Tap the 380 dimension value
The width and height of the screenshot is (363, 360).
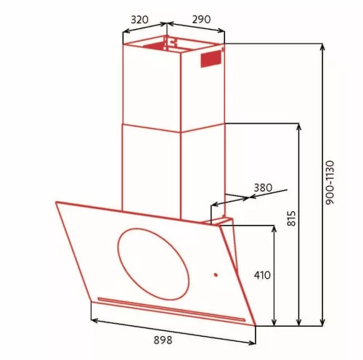coord(262,187)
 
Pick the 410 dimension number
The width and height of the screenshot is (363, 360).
coord(262,275)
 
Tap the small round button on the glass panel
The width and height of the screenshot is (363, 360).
coord(215,274)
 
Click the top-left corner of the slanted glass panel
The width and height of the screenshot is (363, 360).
coord(56,202)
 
